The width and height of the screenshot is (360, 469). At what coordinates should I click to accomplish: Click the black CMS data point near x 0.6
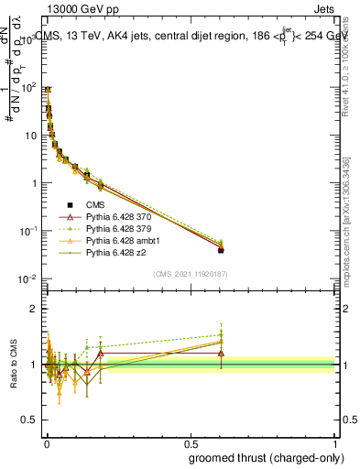(x=221, y=250)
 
